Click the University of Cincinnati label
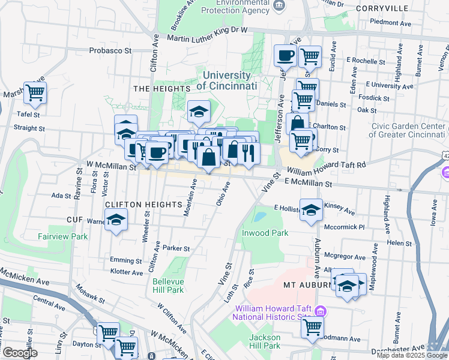[x=226, y=80]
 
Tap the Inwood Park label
[x=265, y=233]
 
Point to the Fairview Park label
[x=63, y=236]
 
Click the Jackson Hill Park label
[x=265, y=341]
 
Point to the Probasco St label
[x=110, y=51]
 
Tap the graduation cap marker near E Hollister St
[x=311, y=210]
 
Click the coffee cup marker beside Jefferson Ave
[x=285, y=56]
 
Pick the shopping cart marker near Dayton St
[x=108, y=332]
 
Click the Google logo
[x=20, y=353]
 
